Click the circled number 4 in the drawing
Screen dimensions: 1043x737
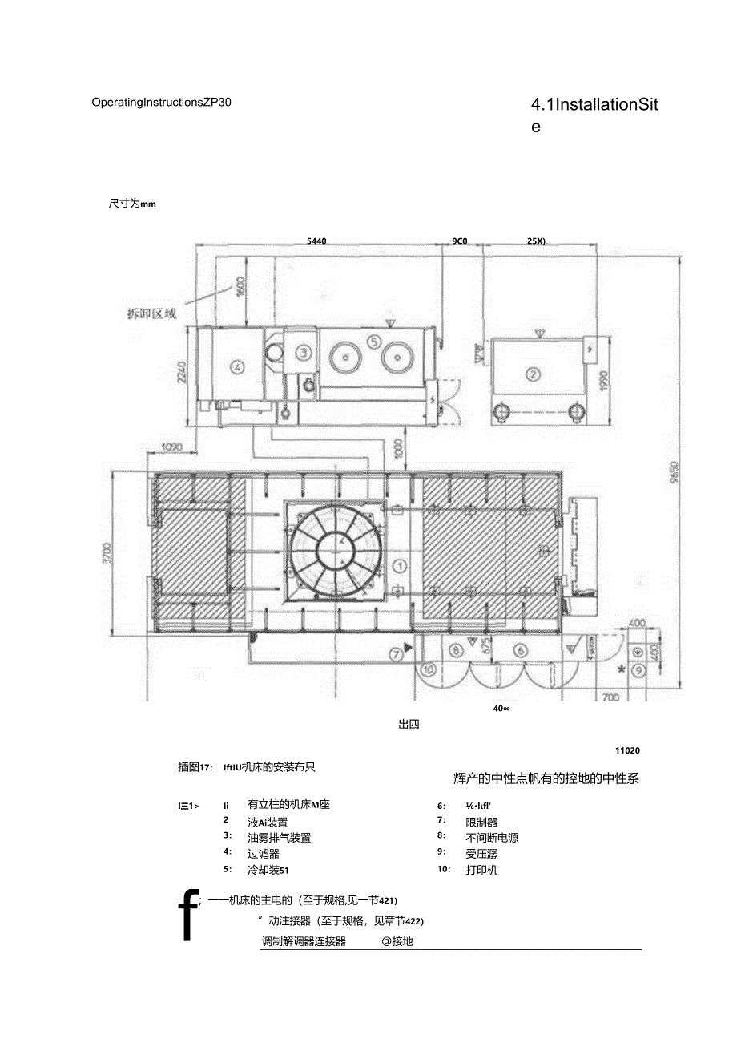pyautogui.click(x=236, y=368)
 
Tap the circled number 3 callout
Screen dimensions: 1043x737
pyautogui.click(x=303, y=352)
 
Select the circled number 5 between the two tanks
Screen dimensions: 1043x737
pyautogui.click(x=373, y=341)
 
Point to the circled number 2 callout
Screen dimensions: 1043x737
pyautogui.click(x=532, y=373)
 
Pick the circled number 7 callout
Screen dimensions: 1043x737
pyautogui.click(x=396, y=654)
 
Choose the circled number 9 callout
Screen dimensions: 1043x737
pyautogui.click(x=638, y=669)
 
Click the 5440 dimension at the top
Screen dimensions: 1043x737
pyautogui.click(x=316, y=241)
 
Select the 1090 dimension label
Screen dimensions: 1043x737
pyautogui.click(x=172, y=447)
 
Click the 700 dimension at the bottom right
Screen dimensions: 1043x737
pyautogui.click(x=610, y=697)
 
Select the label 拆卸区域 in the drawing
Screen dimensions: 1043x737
pyautogui.click(x=151, y=313)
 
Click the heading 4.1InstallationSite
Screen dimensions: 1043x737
pyautogui.click(x=594, y=115)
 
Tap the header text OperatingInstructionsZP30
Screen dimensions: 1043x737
pyautogui.click(x=162, y=102)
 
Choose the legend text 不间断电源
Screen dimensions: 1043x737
pyautogui.click(x=492, y=838)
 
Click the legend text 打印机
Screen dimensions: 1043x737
pyautogui.click(x=481, y=870)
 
